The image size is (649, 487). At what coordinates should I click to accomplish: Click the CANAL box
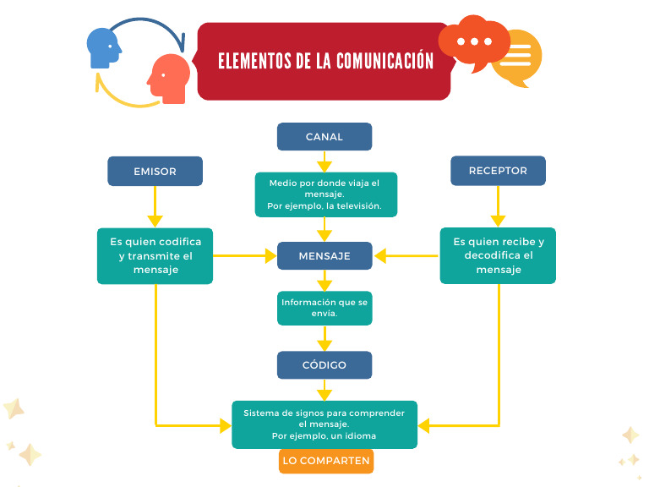324,137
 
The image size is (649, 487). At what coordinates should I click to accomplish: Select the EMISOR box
155,171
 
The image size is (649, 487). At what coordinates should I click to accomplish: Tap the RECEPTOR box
498,171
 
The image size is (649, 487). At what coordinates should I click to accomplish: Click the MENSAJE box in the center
324,255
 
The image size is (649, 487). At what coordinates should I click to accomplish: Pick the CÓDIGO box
324,364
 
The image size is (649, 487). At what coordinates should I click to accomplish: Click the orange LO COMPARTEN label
326,461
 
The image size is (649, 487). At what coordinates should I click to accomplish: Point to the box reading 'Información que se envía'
324,308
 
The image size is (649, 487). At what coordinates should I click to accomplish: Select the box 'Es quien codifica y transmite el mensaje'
155,255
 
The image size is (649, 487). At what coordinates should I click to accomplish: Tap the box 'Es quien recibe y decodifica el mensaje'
498,255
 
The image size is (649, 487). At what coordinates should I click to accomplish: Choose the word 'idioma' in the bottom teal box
359,435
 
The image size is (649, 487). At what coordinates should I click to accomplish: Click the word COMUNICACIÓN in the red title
384,62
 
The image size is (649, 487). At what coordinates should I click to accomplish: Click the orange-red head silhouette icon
169,79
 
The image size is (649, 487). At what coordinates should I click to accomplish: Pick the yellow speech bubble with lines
517,58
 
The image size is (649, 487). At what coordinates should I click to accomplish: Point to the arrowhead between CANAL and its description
324,166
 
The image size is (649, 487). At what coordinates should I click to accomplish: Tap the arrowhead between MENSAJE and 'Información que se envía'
324,285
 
